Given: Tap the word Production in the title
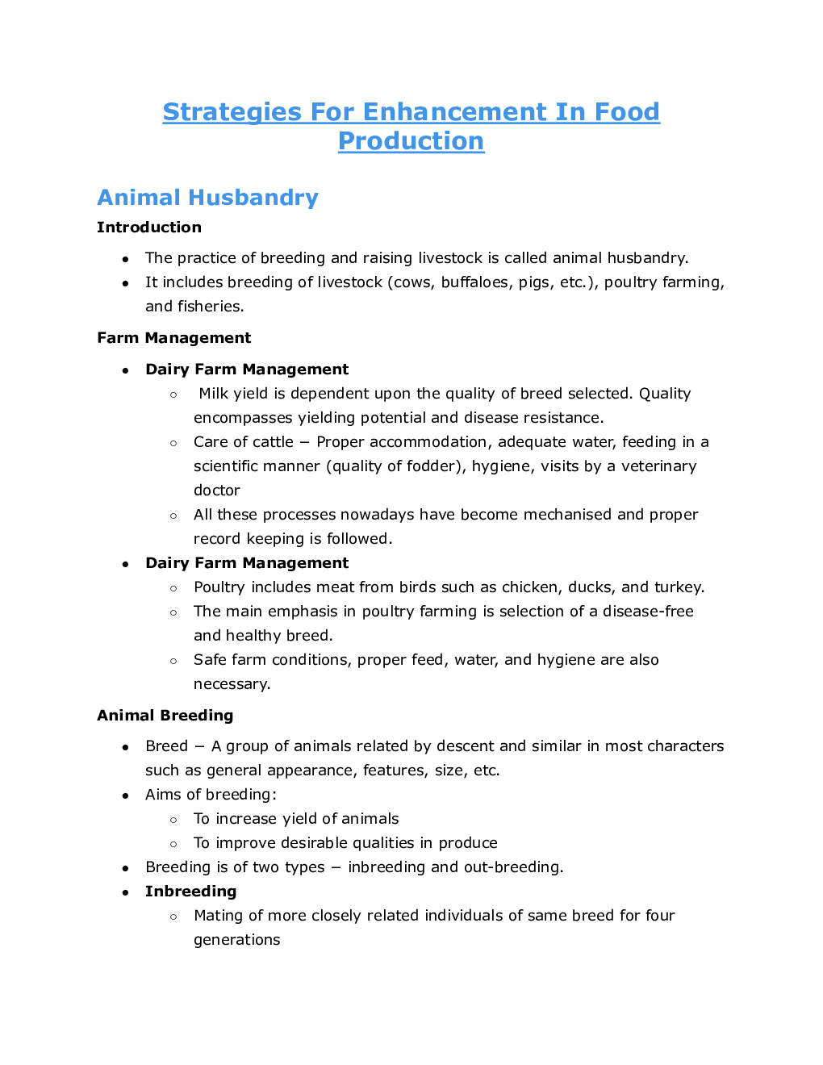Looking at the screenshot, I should [x=411, y=140].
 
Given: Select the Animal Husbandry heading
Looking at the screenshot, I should [x=207, y=198].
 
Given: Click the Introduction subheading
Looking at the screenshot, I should [x=149, y=228].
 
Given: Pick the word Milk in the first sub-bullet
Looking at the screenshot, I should [x=214, y=394].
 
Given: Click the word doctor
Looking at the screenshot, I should [x=217, y=491].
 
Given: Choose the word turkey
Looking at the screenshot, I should [x=679, y=587].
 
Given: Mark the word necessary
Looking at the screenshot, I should [x=232, y=684].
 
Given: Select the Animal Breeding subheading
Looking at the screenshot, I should [x=165, y=716].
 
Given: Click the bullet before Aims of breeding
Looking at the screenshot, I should [x=125, y=796].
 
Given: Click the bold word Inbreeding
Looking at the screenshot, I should [x=191, y=892].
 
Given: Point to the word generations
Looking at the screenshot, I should [x=237, y=940].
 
